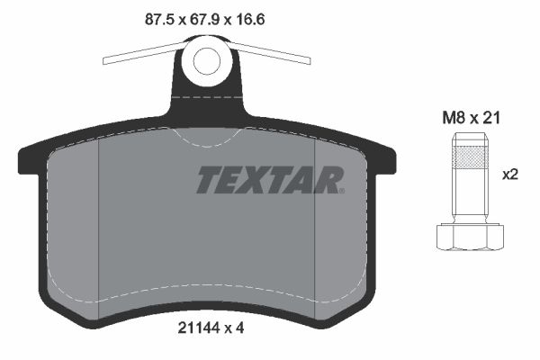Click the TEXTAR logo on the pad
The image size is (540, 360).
click(x=268, y=180)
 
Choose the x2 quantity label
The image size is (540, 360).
click(x=511, y=175)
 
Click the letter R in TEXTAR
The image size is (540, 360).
click(x=327, y=180)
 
